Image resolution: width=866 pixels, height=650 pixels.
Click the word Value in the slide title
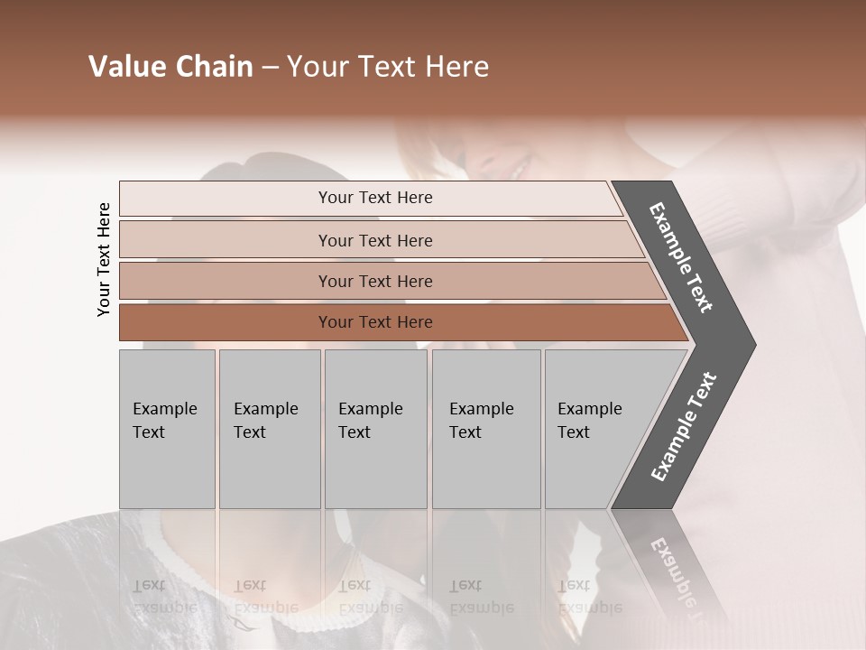(x=126, y=67)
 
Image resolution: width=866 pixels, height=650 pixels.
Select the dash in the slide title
(x=270, y=68)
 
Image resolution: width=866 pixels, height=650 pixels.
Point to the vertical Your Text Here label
(x=104, y=260)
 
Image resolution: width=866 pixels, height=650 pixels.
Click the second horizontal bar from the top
(x=374, y=240)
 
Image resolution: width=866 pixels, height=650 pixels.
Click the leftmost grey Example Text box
(x=167, y=429)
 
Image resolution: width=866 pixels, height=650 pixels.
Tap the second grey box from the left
(x=270, y=429)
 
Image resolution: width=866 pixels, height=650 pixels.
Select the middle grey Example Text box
(x=375, y=429)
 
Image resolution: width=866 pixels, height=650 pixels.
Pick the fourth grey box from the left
(x=486, y=429)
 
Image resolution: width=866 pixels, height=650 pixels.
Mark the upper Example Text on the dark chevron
(x=681, y=257)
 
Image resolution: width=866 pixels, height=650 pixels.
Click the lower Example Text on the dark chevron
(x=684, y=427)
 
